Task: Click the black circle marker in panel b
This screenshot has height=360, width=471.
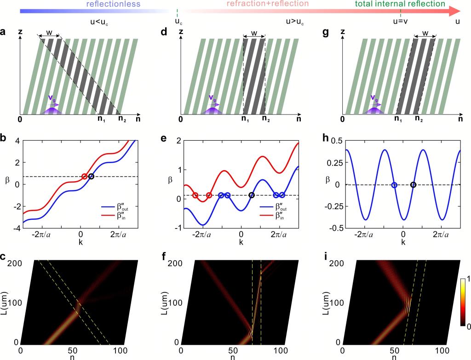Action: pyautogui.click(x=91, y=177)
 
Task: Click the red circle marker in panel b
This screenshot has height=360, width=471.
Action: pyautogui.click(x=84, y=177)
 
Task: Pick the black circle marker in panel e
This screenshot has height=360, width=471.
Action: pyautogui.click(x=251, y=195)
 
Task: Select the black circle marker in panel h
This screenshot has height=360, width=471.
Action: pyautogui.click(x=413, y=185)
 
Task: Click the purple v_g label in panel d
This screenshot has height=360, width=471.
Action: pyautogui.click(x=213, y=97)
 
